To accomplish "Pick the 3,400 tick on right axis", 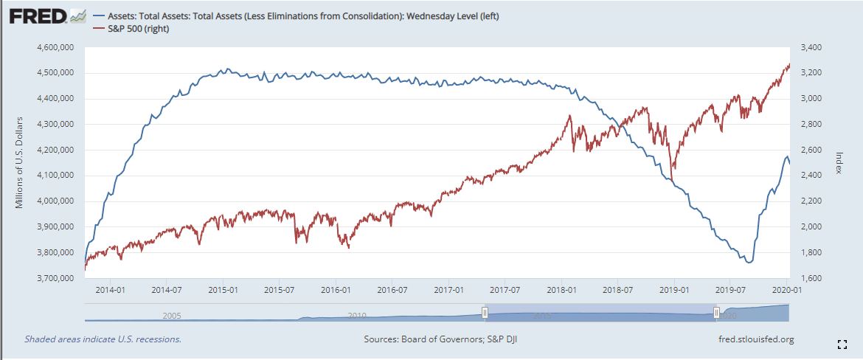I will tap(808, 47).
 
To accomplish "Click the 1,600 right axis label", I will tap(808, 278).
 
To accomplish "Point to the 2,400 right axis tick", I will tap(808, 176).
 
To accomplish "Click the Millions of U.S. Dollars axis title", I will tap(20, 162).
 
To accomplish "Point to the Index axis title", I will tap(839, 162).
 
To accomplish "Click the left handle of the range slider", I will tap(485, 313).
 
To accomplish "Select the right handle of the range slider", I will tap(716, 313).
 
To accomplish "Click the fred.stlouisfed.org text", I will tap(755, 339).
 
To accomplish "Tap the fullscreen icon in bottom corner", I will tap(842, 344).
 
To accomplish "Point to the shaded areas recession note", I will tap(103, 339).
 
